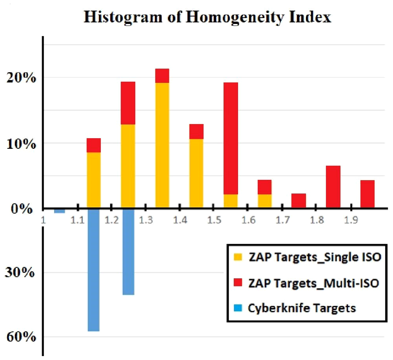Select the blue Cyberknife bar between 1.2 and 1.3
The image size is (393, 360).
128,251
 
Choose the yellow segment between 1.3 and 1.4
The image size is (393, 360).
162,145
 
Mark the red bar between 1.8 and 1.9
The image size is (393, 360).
333,186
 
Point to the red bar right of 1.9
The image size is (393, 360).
367,194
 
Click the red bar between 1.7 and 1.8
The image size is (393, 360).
298,200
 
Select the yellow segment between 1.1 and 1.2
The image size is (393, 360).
93,180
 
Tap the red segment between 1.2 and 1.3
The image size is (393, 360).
128,103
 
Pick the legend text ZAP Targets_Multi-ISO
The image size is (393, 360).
313,283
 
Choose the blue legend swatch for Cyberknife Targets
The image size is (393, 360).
238,308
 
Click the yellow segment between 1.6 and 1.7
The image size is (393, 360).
264,201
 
